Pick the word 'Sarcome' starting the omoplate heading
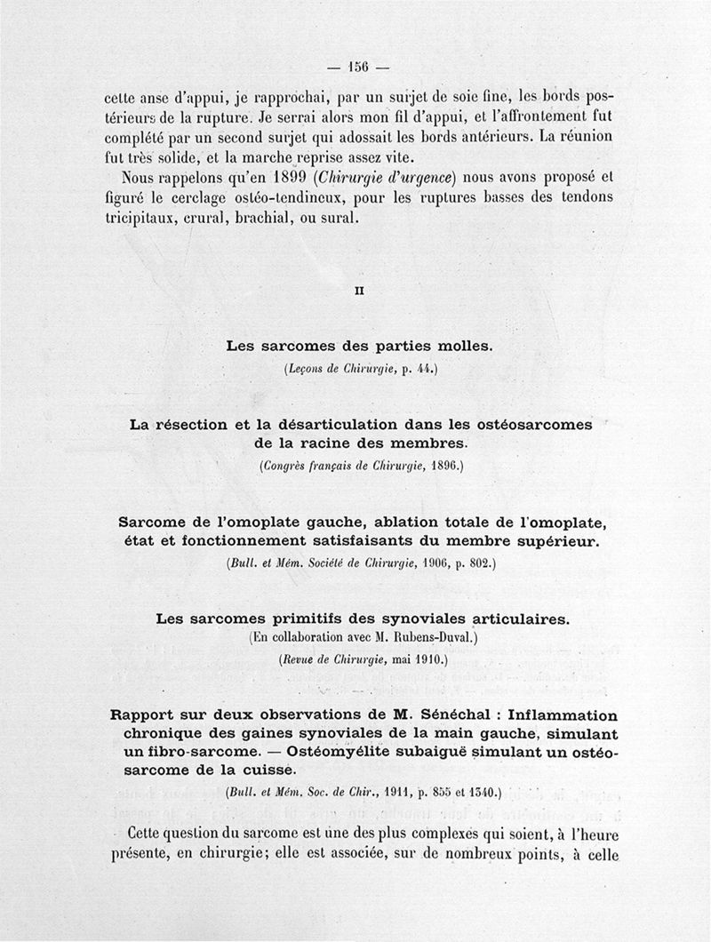(x=156, y=522)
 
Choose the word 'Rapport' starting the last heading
(x=145, y=716)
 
